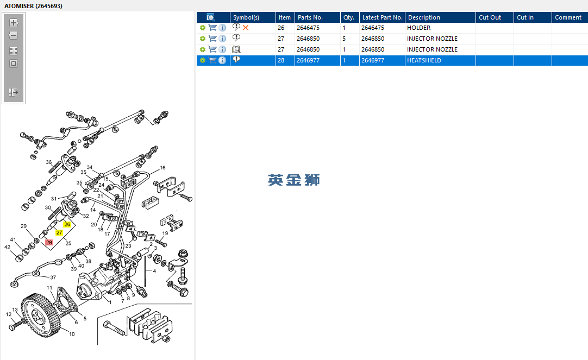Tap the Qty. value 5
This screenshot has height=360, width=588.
[x=344, y=39]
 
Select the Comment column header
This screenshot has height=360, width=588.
[x=568, y=17]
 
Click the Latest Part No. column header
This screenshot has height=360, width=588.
[x=382, y=17]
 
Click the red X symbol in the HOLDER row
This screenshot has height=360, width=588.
[x=246, y=28]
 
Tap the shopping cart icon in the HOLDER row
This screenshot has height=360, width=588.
[x=212, y=28]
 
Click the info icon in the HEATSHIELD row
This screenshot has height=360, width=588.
[x=222, y=60]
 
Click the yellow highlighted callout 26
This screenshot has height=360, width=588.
[x=67, y=224]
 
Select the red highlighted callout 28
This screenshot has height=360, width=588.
[x=49, y=243]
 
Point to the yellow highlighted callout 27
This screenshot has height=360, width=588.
[x=59, y=232]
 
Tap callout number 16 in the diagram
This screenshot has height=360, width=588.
[x=162, y=168]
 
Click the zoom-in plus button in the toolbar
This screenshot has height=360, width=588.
[x=14, y=23]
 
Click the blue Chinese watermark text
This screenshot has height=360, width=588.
[x=293, y=180]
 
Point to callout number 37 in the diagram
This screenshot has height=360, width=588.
[x=53, y=277]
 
